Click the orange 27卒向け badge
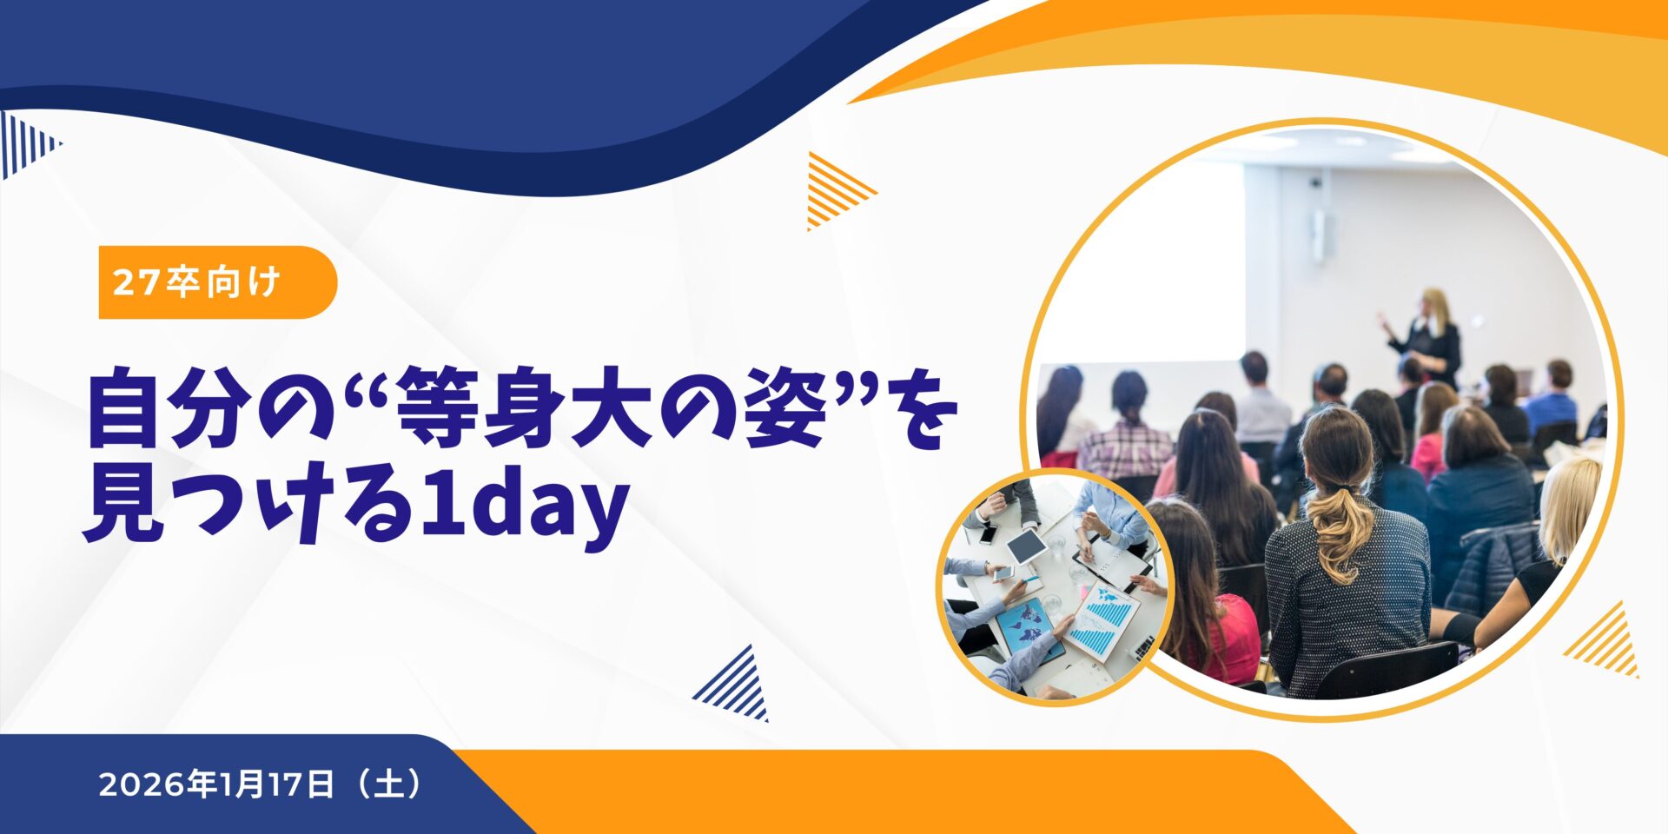tap(217, 282)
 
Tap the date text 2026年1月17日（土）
tap(261, 784)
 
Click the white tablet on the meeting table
tap(1026, 545)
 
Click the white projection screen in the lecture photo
tap(1147, 261)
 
